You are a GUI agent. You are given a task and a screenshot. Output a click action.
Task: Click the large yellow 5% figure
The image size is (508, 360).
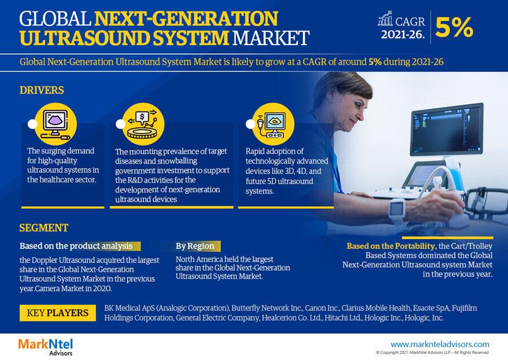pos(454,27)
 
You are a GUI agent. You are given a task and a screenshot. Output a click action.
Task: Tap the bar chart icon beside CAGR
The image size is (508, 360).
pos(385,19)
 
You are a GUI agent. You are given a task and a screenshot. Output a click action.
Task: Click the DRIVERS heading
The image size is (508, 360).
pos(42,90)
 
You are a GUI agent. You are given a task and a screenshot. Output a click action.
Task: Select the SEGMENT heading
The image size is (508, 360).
pos(43,228)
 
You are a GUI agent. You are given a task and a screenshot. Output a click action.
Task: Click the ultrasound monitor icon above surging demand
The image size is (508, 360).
pos(55,124)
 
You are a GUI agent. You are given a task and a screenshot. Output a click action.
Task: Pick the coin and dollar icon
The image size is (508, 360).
pos(143,124)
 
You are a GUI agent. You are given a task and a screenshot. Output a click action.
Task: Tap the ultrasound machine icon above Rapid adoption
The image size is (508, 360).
pos(273,124)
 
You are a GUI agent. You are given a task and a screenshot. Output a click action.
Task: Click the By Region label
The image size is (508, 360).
pos(195,246)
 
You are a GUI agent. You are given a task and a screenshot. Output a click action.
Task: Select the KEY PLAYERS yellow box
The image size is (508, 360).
pos(58,313)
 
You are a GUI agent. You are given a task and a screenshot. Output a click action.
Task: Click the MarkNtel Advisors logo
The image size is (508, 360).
pos(46,346)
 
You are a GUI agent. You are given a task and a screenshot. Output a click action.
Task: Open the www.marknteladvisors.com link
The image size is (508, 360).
pos(440,344)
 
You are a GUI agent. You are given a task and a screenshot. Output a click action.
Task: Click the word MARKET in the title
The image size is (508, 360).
pos(271,38)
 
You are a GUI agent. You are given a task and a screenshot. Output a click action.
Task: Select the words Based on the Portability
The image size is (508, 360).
pos(391,246)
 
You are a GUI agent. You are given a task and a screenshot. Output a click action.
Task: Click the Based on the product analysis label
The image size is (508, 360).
pos(76,246)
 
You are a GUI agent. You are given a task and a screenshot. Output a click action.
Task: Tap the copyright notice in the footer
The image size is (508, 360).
pos(432,353)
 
